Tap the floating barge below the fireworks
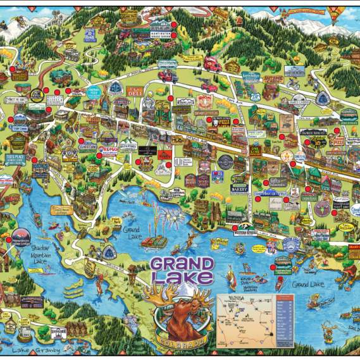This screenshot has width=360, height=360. coord(154,242)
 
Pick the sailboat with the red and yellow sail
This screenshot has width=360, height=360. coord(232,278)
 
